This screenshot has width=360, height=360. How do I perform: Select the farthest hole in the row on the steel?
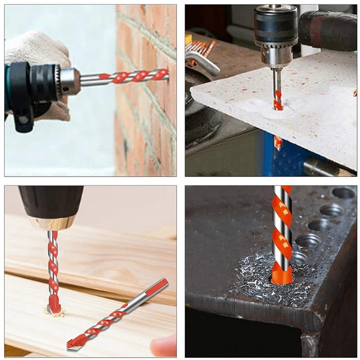(344, 193)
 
